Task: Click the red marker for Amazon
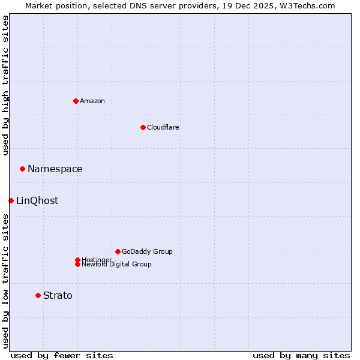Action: [76, 101]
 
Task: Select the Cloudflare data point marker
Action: [143, 127]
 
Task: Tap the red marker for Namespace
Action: [22, 169]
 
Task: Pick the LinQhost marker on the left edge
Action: [11, 200]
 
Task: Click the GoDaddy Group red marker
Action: [118, 251]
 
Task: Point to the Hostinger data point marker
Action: [77, 260]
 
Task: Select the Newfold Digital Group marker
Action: [77, 264]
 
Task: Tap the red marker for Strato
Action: [38, 295]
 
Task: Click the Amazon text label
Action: [92, 101]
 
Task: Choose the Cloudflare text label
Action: [163, 127]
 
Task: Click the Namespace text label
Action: [55, 169]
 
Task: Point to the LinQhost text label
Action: [37, 200]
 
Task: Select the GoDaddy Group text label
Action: [147, 251]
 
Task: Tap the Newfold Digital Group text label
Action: [117, 265]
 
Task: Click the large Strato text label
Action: [58, 295]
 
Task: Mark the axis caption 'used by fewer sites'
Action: [62, 355]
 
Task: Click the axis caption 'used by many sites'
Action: [301, 355]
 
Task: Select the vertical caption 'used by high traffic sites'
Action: [5, 85]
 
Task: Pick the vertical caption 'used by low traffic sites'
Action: [5, 281]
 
